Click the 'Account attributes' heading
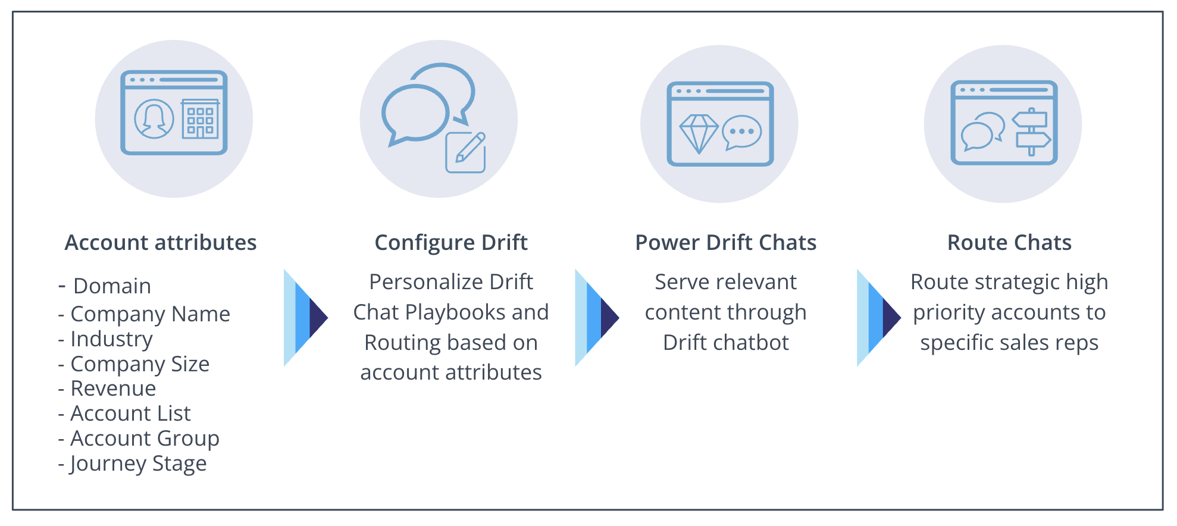(161, 243)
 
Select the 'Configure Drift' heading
(451, 243)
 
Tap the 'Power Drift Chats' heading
(726, 243)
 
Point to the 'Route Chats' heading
(1009, 243)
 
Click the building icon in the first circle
(201, 118)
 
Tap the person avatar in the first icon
(154, 119)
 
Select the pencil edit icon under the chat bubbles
(466, 152)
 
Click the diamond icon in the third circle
(699, 133)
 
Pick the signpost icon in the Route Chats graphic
(1032, 131)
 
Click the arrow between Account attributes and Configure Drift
(306, 318)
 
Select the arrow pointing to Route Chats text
(879, 318)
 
